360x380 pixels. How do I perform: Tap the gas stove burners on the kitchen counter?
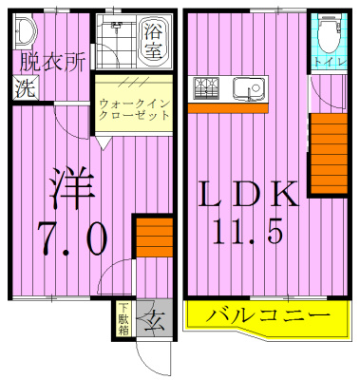point(207,89)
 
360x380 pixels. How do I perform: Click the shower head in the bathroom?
point(120,29)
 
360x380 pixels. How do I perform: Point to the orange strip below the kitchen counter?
point(227,107)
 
